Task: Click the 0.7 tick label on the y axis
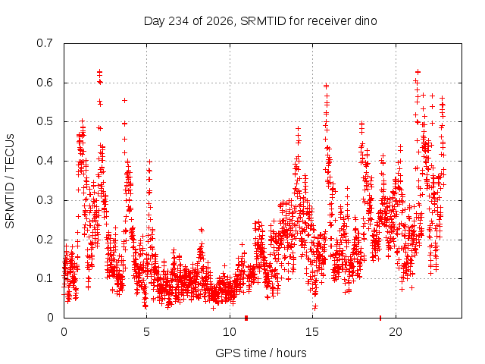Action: (44, 43)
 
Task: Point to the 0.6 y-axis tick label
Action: (44, 83)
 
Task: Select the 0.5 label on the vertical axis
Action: (44, 121)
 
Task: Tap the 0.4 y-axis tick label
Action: (44, 161)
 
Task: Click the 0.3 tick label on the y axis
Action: (44, 200)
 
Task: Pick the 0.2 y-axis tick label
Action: (44, 240)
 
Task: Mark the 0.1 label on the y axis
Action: (44, 278)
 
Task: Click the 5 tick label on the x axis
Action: (146, 332)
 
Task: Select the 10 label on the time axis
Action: (230, 332)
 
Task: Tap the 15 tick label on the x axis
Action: (312, 332)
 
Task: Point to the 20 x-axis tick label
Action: (396, 332)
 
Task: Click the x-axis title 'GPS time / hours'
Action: (261, 353)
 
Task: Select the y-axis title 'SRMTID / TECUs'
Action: (10, 181)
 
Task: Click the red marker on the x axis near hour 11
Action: (246, 318)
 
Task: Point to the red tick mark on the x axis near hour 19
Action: (380, 318)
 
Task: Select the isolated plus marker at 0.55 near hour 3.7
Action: (124, 100)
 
